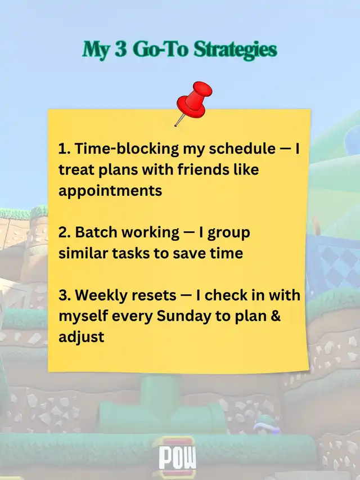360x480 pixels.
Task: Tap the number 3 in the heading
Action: click(121, 49)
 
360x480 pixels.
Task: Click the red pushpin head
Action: click(195, 100)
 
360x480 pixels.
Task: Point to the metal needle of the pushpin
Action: click(179, 120)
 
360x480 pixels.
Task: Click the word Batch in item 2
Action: click(96, 232)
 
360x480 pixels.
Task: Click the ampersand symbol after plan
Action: click(276, 316)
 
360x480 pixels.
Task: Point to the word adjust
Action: click(82, 337)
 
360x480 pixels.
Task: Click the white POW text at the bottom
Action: click(178, 457)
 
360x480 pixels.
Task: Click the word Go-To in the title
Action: click(160, 50)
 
